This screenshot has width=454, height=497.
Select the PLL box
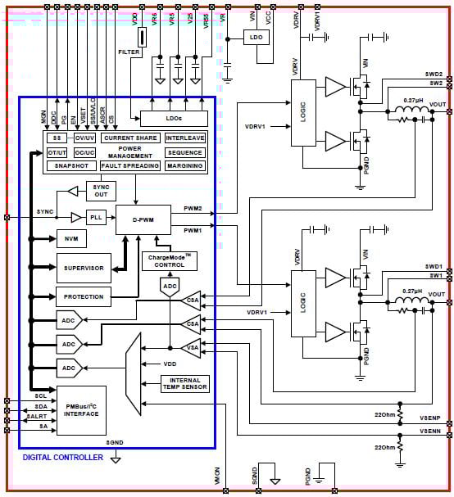tap(97, 218)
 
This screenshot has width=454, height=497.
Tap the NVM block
tap(70, 240)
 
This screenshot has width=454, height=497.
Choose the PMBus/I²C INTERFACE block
tap(80, 409)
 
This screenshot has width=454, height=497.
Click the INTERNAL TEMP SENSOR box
tap(186, 384)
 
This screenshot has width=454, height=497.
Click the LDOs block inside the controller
tap(173, 119)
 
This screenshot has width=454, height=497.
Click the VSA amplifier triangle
tap(191, 348)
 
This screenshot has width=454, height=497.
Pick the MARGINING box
tap(184, 165)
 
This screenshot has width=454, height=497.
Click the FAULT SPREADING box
tap(129, 165)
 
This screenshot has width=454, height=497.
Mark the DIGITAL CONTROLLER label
tap(62, 457)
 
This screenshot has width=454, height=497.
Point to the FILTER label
tap(129, 52)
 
